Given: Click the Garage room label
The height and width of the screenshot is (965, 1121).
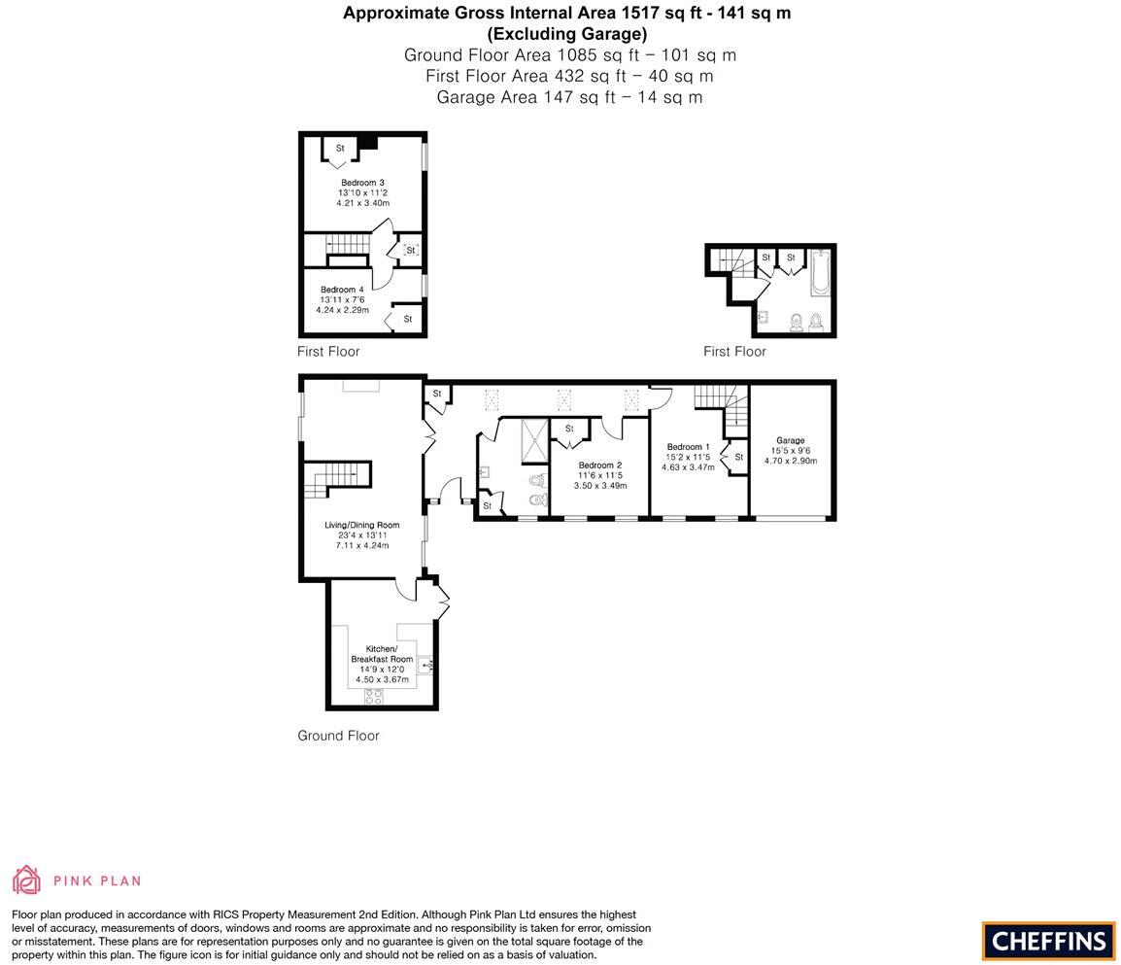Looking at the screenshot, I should point(790,440).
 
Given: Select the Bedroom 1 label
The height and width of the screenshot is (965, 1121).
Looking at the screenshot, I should point(689,447).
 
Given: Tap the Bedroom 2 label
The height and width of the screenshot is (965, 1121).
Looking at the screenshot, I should point(599,465).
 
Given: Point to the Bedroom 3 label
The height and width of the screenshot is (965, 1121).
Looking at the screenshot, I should point(362,183).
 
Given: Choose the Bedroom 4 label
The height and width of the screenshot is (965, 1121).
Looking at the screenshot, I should point(342,290).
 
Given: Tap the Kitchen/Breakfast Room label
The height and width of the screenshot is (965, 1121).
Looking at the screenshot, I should point(382,654).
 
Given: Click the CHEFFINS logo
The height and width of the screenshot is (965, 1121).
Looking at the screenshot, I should point(1048,941).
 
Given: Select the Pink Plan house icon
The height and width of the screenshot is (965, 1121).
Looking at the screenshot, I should point(26,879).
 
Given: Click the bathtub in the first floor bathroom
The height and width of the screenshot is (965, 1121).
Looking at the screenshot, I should point(821,273).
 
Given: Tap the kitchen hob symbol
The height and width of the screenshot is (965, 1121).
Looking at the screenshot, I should point(373,696).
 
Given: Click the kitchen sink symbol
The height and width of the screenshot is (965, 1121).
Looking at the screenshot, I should point(425,666).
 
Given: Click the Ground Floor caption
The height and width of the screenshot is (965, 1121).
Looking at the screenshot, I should point(338,736).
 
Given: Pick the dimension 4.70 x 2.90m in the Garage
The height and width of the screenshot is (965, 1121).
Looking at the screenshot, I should point(790,461).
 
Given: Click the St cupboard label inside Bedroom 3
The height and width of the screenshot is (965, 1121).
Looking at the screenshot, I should point(340,149).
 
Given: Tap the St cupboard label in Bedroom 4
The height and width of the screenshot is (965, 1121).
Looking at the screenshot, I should point(408,319).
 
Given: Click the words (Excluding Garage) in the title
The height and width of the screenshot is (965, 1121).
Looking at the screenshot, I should point(566,34).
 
